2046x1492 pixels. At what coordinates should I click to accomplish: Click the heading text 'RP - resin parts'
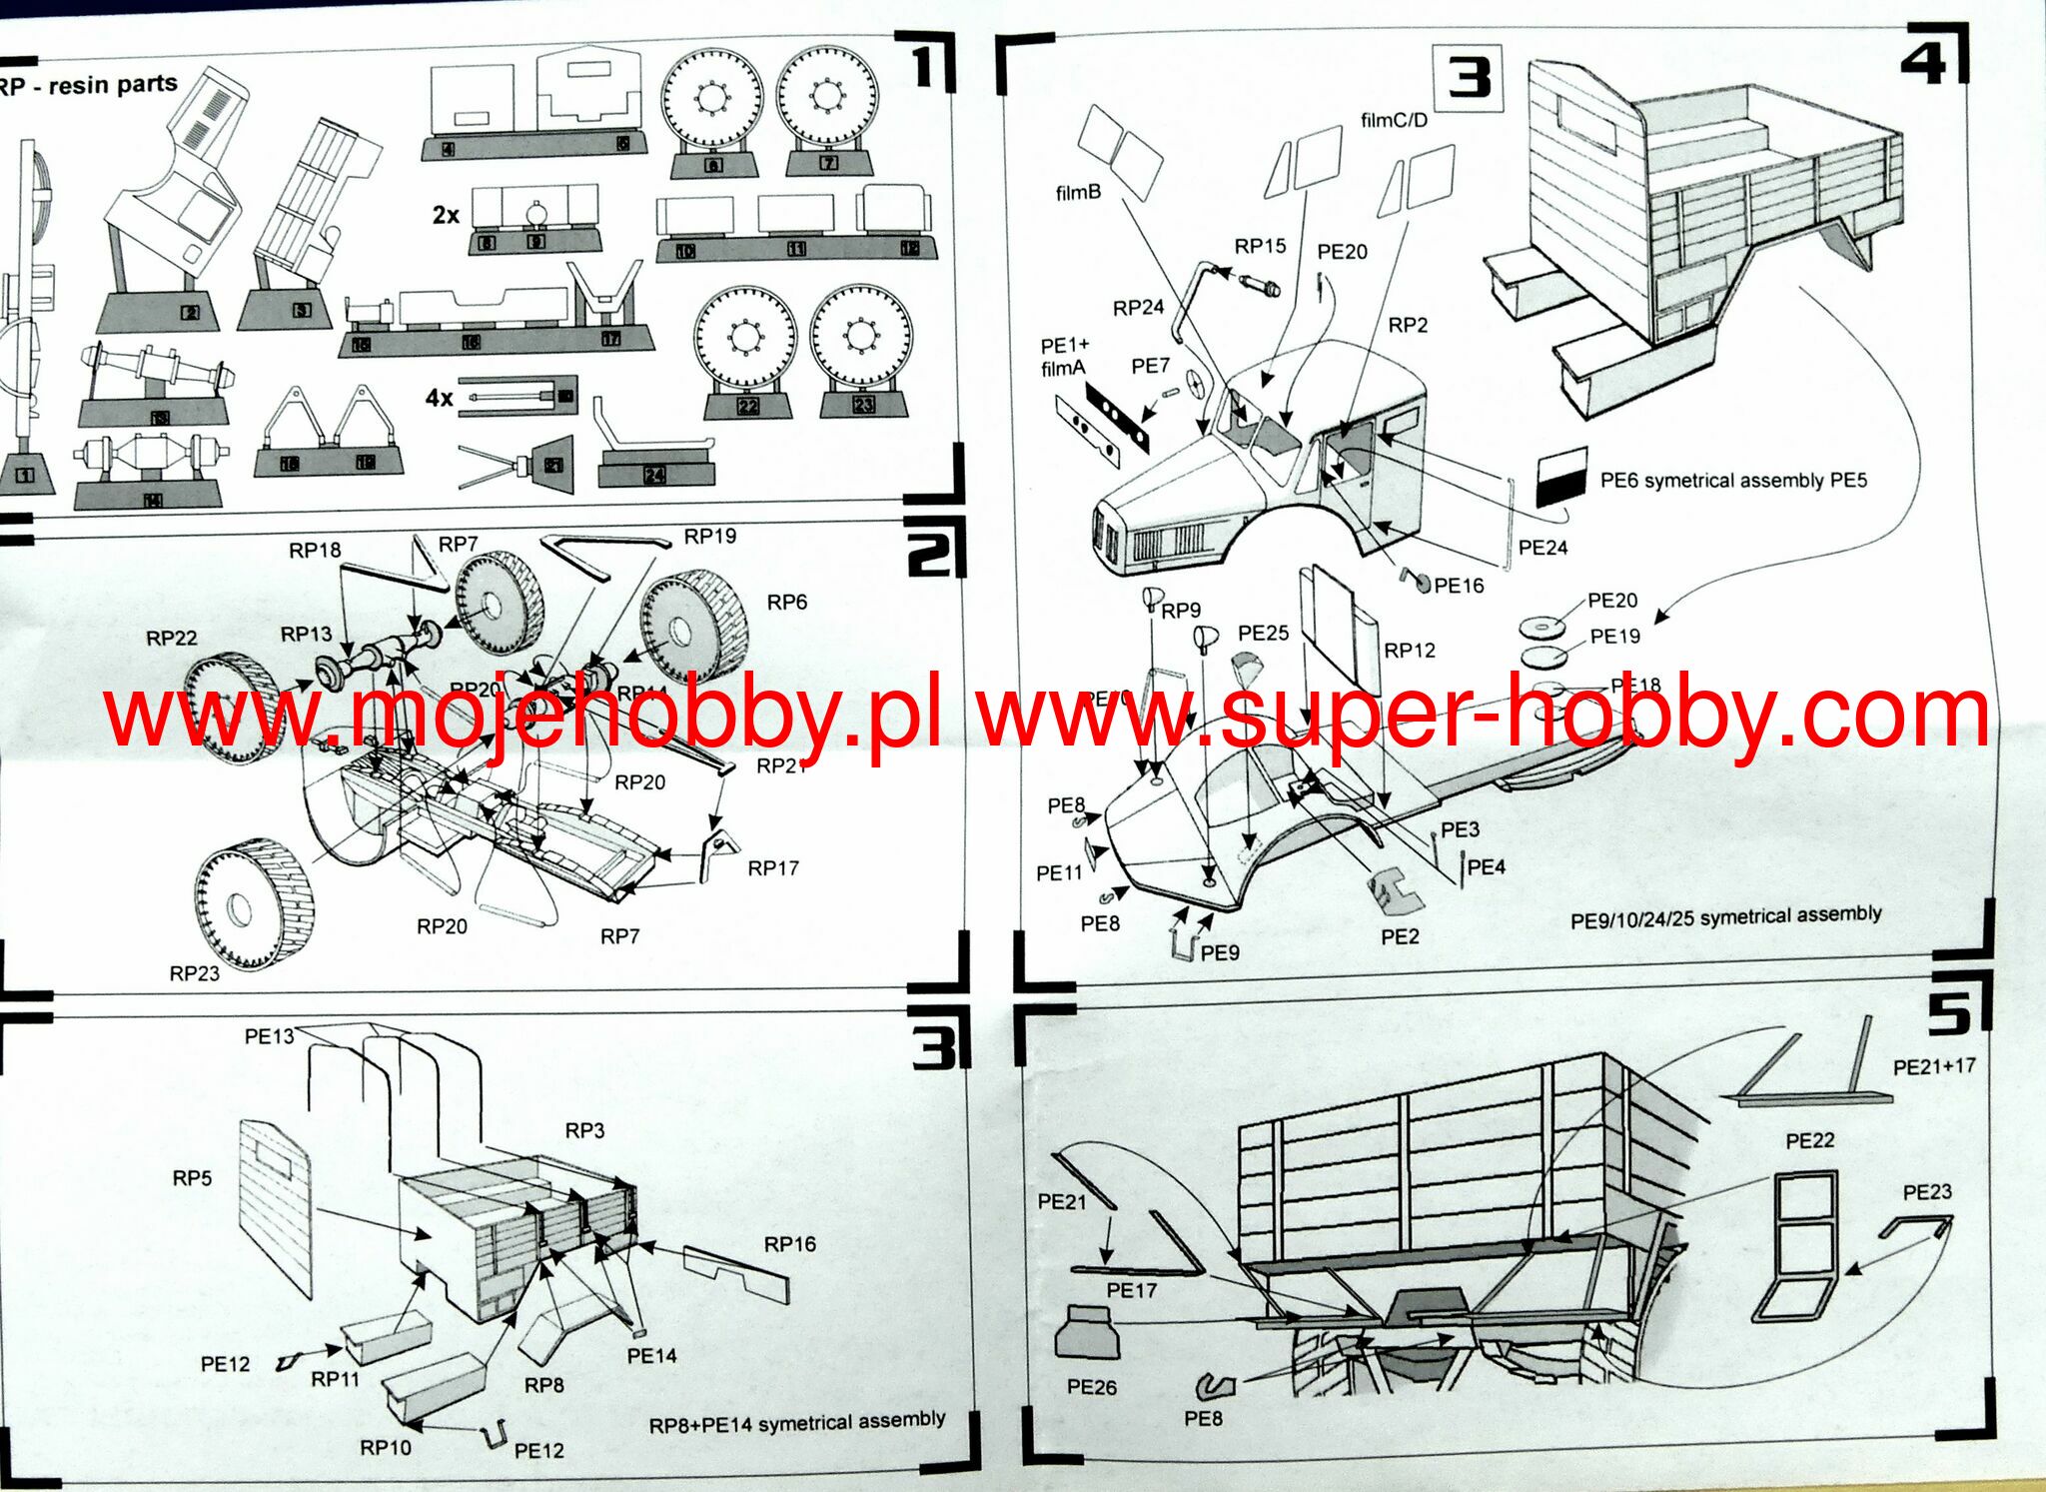[88, 85]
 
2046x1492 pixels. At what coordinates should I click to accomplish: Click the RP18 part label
[315, 551]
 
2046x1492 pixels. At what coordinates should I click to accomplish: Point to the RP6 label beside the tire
[786, 602]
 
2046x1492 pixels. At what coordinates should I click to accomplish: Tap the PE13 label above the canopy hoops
[269, 1036]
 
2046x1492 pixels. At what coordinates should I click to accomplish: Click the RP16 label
[789, 1244]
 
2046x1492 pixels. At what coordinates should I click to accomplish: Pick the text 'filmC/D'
[1394, 121]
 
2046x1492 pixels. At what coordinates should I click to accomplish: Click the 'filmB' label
[1078, 193]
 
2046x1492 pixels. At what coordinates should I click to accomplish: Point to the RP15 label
[1260, 246]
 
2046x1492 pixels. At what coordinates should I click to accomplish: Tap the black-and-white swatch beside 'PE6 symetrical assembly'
[1561, 476]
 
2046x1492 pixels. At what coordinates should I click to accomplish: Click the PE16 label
[1459, 586]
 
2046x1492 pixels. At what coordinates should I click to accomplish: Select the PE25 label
[1263, 633]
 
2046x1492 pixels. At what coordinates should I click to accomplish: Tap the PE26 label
[1091, 1386]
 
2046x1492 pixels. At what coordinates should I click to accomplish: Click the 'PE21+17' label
[1934, 1066]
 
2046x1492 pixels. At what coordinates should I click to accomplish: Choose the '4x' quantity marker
[440, 398]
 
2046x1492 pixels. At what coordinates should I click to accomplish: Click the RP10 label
[386, 1447]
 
